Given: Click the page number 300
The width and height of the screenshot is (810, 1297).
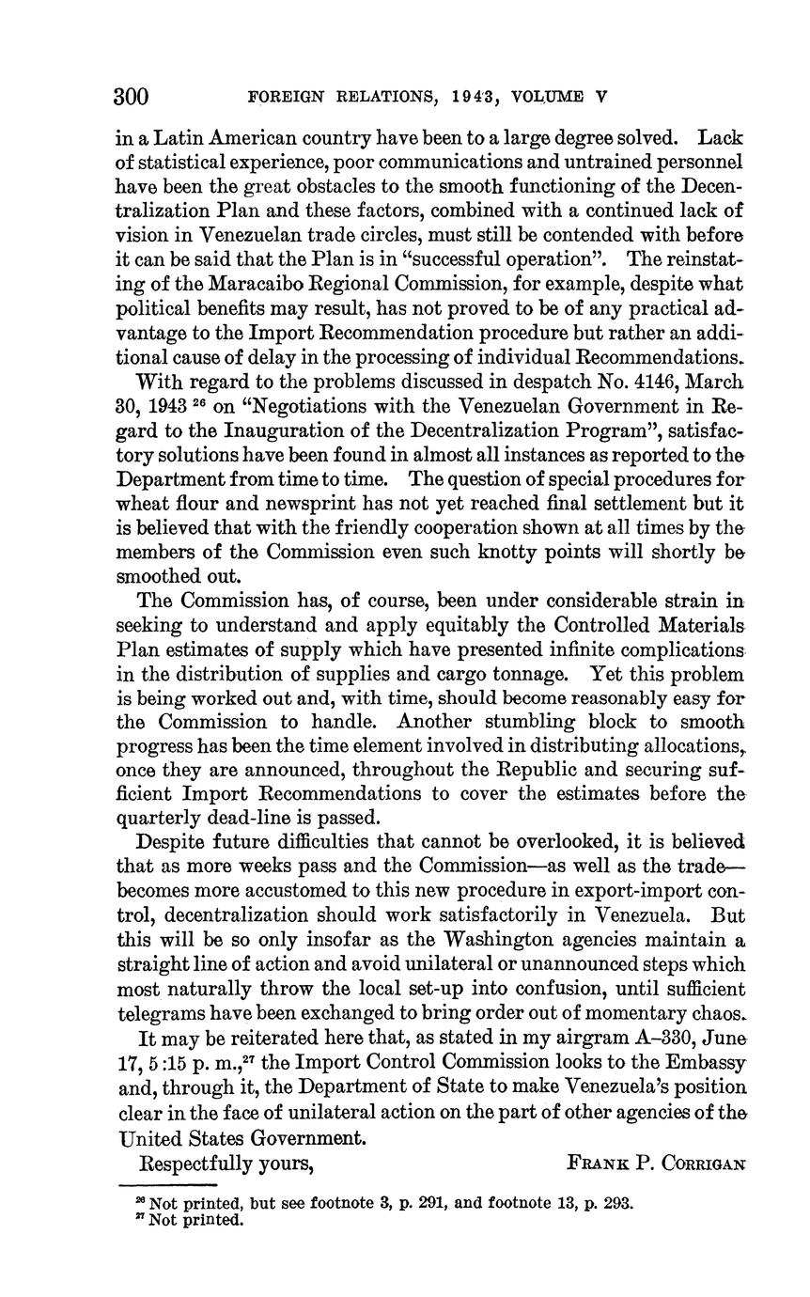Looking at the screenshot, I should point(132,97).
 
